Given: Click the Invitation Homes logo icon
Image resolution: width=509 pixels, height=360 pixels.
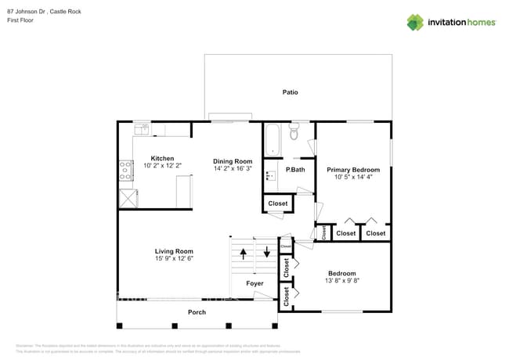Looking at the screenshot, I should pos(415,22).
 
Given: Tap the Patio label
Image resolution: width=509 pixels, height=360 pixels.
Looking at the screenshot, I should pos(290,92).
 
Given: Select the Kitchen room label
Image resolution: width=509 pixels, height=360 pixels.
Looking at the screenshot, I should pos(162,158).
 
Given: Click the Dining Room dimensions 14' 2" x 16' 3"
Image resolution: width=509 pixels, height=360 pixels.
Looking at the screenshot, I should pos(233,168).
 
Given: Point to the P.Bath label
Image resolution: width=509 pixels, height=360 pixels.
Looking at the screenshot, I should pos(295,170).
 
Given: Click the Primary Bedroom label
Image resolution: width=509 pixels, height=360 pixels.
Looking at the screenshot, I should pos(353,170).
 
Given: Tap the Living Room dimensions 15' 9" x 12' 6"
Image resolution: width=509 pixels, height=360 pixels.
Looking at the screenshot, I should pos(173,258).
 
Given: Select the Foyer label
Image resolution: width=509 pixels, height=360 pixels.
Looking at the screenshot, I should pos(254,283).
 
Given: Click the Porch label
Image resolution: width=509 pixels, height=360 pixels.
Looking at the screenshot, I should pos(197,312).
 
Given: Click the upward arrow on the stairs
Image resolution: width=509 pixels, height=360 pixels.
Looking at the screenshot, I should pos(243,253).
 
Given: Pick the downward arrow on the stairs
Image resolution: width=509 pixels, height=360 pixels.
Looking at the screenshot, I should pos(266,253).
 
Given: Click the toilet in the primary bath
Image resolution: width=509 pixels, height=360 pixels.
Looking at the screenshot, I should pos(294,131).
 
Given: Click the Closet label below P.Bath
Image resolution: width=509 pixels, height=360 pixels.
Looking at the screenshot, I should pos(277,203).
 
